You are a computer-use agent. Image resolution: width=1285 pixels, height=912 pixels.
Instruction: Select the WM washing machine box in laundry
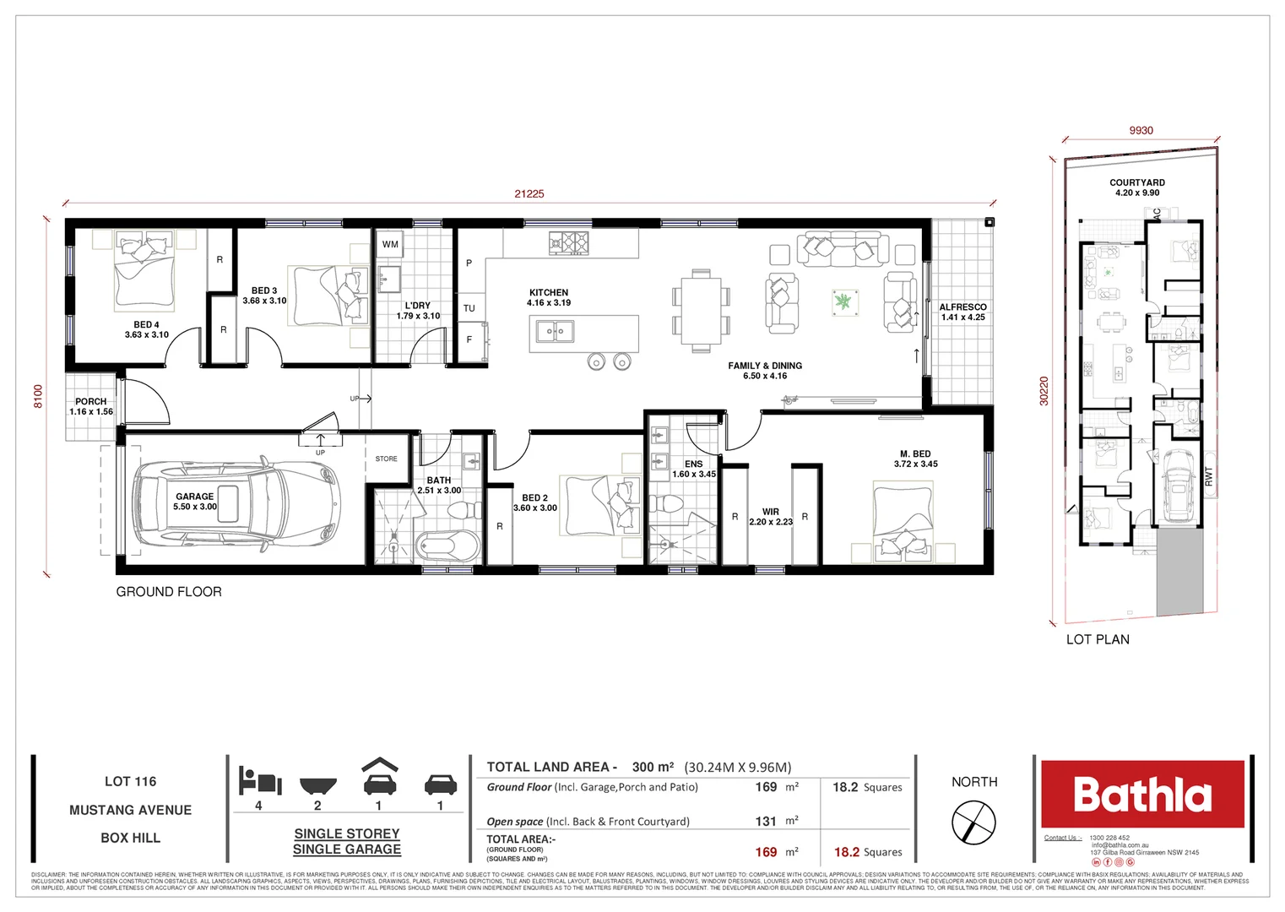pyautogui.click(x=390, y=245)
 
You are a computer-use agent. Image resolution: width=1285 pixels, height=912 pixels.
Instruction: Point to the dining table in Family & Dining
pyautogui.click(x=701, y=311)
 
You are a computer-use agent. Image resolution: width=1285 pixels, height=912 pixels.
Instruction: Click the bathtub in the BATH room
pyautogui.click(x=447, y=546)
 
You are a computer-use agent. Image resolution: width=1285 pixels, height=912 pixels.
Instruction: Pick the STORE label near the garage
pyautogui.click(x=386, y=459)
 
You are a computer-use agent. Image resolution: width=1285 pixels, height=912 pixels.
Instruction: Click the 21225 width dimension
pyautogui.click(x=529, y=193)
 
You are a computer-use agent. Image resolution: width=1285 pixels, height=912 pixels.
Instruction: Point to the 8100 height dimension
pyautogui.click(x=38, y=396)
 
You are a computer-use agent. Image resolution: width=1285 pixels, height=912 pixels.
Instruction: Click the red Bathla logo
pyautogui.click(x=1142, y=795)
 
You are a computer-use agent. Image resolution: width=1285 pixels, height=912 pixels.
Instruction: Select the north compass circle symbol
pyautogui.click(x=973, y=822)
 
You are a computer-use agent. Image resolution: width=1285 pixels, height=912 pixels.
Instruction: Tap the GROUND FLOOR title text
pyautogui.click(x=169, y=592)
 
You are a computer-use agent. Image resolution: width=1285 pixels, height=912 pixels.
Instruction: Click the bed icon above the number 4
pyautogui.click(x=258, y=780)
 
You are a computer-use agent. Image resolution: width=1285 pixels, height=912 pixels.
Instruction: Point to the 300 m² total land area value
pyautogui.click(x=653, y=767)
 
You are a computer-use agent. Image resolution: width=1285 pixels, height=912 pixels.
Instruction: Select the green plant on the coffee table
pyautogui.click(x=843, y=301)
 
